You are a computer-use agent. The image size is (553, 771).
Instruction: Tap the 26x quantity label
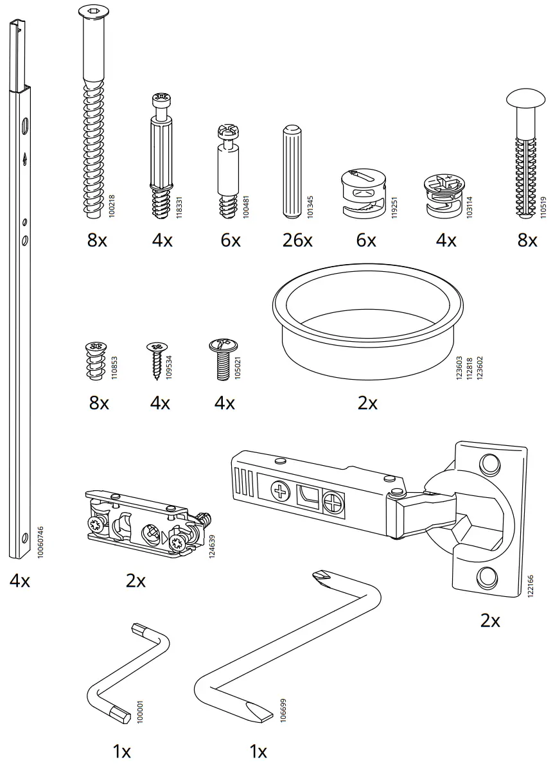point(297,240)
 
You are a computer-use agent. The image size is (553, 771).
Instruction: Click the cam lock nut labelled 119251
point(362,193)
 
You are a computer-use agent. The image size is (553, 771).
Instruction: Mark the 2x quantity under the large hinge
point(490,620)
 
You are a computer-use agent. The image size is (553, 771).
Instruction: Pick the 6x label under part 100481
point(230,240)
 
